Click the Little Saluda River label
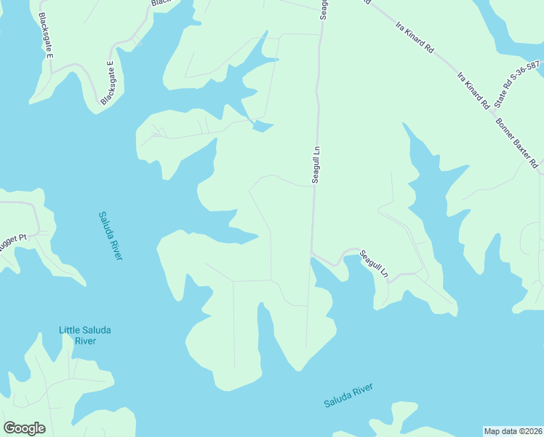point(86,336)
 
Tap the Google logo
point(24,428)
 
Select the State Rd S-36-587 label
point(517,84)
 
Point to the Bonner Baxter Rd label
point(516,142)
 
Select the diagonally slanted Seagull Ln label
point(375,265)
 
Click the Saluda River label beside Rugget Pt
point(111,235)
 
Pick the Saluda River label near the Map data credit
point(348,395)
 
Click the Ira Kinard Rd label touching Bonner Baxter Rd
point(473,91)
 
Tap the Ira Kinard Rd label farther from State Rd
point(415,38)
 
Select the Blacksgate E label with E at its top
point(109,84)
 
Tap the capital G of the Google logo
point(10,428)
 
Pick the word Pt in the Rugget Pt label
point(23,237)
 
